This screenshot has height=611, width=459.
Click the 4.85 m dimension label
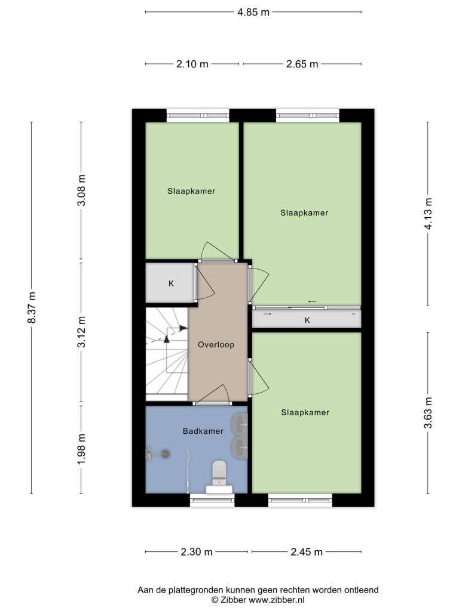pyautogui.click(x=253, y=12)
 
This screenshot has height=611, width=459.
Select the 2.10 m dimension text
pyautogui.click(x=192, y=64)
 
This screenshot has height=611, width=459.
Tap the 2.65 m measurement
pyautogui.click(x=302, y=64)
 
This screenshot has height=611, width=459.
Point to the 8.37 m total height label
pyautogui.click(x=32, y=307)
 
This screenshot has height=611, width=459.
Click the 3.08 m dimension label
pyautogui.click(x=81, y=190)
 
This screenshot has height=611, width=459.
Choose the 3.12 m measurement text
pyautogui.click(x=81, y=332)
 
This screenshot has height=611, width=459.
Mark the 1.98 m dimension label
pyautogui.click(x=81, y=449)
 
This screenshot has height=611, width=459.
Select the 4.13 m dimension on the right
pyautogui.click(x=428, y=214)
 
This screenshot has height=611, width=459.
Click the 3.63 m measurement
pyautogui.click(x=428, y=413)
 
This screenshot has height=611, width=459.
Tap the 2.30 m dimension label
pyautogui.click(x=197, y=552)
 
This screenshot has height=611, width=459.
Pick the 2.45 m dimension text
pyautogui.click(x=307, y=552)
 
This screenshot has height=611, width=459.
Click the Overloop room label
pyautogui.click(x=216, y=345)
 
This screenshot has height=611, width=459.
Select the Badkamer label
pyautogui.click(x=203, y=431)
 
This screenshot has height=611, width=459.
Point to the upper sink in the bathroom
pyautogui.click(x=240, y=424)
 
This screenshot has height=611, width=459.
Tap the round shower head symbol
pyautogui.click(x=166, y=453)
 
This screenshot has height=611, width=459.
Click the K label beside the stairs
pyautogui.click(x=171, y=283)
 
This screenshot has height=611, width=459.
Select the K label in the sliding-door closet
pyautogui.click(x=307, y=320)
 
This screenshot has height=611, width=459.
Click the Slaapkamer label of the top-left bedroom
pyautogui.click(x=191, y=192)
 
